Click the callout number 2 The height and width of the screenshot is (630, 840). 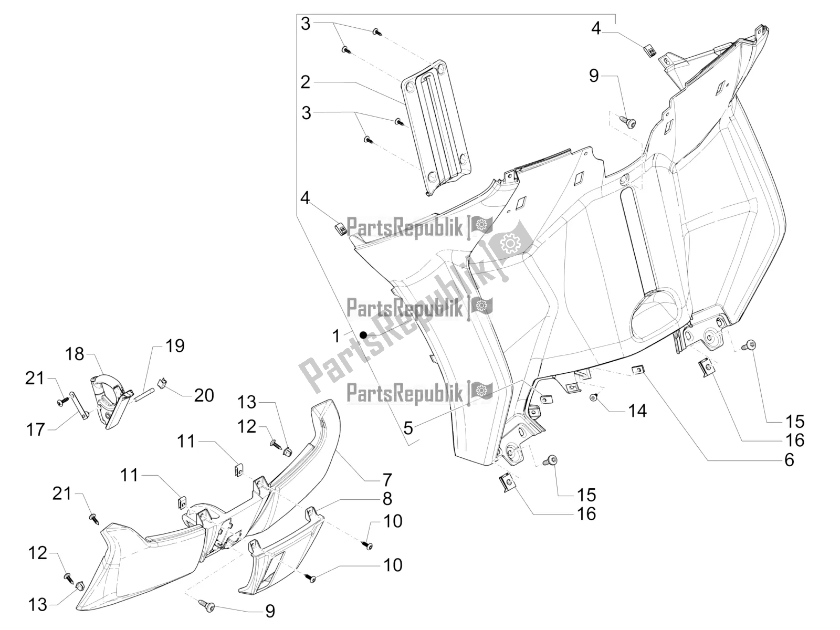pyautogui.click(x=305, y=82)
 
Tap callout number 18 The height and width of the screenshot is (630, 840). pyautogui.click(x=75, y=354)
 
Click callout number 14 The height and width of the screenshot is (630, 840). pyautogui.click(x=637, y=411)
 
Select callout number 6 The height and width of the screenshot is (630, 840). pyautogui.click(x=789, y=460)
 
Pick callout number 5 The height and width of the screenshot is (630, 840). pyautogui.click(x=408, y=428)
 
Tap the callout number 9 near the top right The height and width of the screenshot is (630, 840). pyautogui.click(x=593, y=76)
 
